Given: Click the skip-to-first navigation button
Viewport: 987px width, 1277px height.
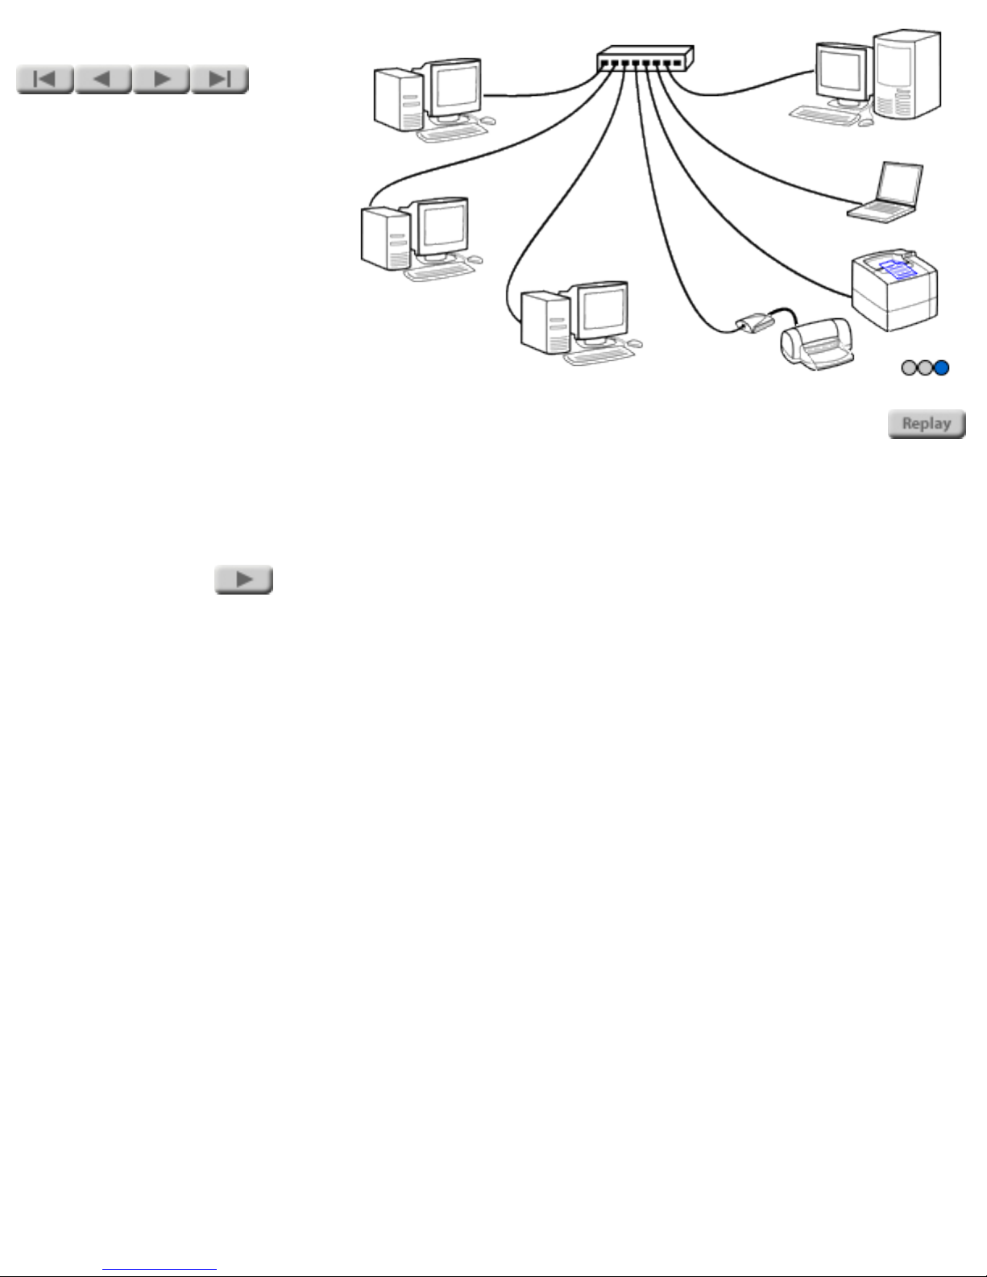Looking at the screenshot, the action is click(x=44, y=79).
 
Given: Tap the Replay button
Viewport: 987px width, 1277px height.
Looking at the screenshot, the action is click(x=927, y=424).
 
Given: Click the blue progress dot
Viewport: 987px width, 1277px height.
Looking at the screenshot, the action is click(x=942, y=368).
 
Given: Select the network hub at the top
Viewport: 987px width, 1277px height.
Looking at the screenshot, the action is click(x=645, y=59).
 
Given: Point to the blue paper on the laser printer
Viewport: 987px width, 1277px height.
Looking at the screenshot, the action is click(x=898, y=269).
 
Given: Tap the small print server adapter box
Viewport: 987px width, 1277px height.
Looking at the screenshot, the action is click(x=755, y=323).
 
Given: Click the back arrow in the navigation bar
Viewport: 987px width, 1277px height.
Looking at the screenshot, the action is click(x=103, y=79).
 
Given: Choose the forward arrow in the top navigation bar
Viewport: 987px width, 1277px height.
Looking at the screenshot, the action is click(x=161, y=79).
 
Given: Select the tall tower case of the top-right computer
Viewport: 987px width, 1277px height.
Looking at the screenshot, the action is click(x=907, y=74).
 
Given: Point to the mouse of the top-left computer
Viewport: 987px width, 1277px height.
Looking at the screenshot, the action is click(x=487, y=121).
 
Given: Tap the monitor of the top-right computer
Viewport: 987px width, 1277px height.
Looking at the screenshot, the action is click(x=842, y=73).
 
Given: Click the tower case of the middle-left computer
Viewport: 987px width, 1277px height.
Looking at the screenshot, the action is click(x=385, y=238).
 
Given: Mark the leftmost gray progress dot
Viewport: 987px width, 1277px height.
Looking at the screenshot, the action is click(x=909, y=368).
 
